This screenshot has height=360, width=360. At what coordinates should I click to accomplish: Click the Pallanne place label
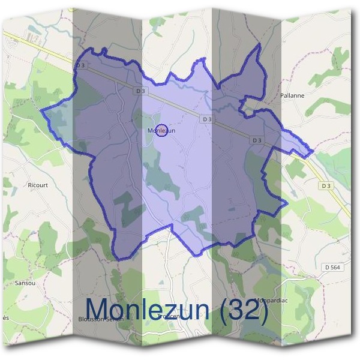pyautogui.click(x=292, y=95)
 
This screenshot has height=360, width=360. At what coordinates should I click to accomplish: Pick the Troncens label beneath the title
pyautogui.click(x=170, y=316)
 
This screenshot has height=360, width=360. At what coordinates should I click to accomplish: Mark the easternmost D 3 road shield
pyautogui.click(x=326, y=186)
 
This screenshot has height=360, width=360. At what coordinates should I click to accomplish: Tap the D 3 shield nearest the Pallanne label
pyautogui.click(x=257, y=140)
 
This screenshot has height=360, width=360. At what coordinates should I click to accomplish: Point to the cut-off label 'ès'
pyautogui.click(x=5, y=316)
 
